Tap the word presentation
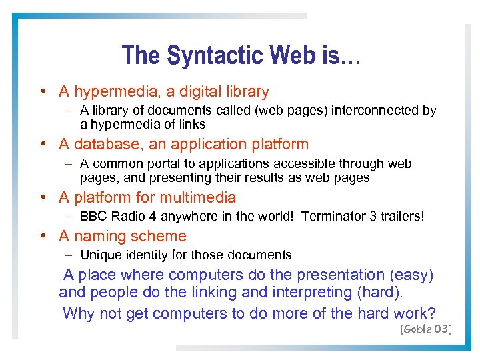[341, 275]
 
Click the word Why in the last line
[78, 313]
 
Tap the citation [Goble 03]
[425, 329]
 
